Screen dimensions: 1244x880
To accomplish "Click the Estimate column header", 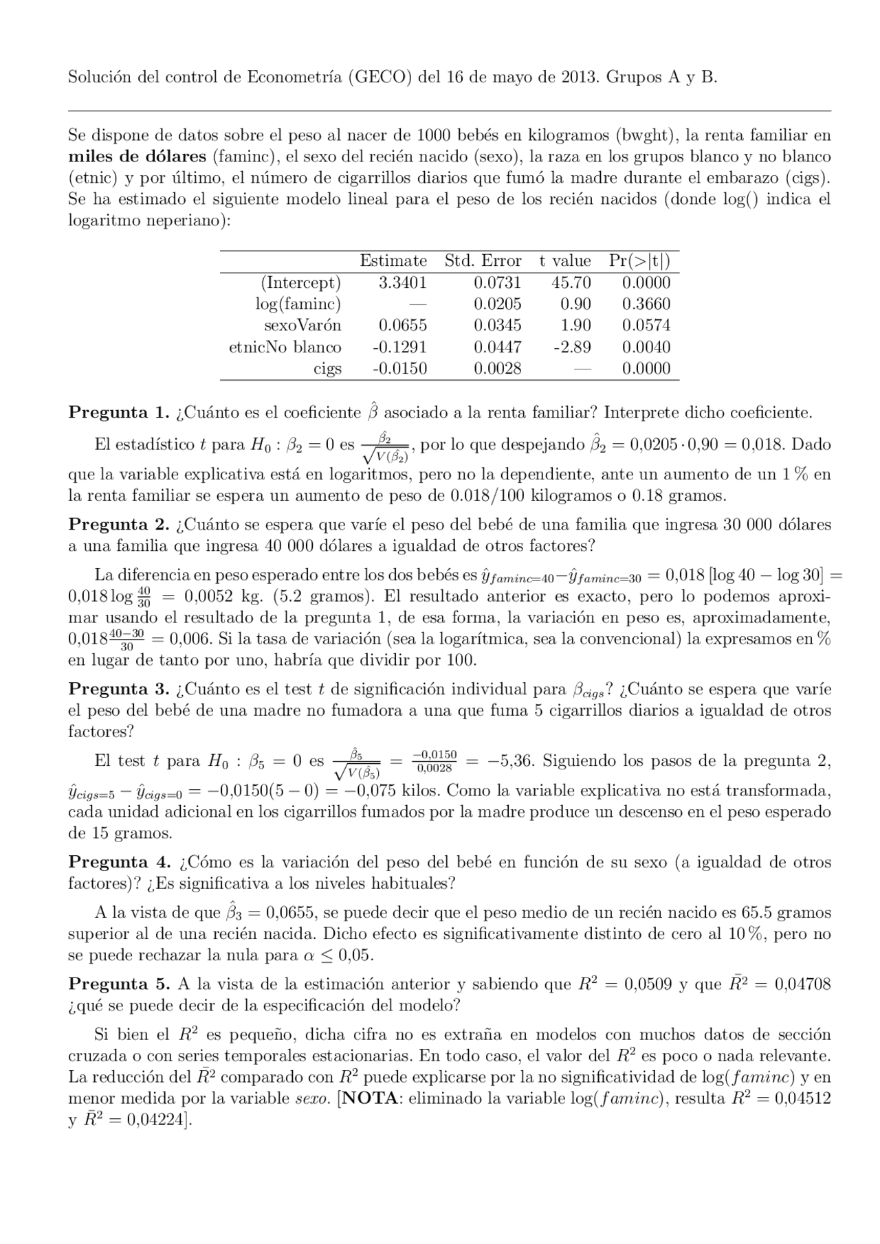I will (x=393, y=261).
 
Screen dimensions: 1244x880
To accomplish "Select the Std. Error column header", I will (x=483, y=261).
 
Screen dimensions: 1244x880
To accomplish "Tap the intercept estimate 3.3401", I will (x=402, y=282).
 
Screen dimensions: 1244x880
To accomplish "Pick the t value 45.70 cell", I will (x=571, y=282).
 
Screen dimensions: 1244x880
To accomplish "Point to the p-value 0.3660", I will (x=646, y=304).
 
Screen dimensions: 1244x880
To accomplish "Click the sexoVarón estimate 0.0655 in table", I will (x=402, y=325).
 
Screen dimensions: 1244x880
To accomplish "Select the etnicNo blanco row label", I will (x=285, y=347).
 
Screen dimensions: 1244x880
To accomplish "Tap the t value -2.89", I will (x=572, y=347).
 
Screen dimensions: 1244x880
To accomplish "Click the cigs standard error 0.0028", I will (x=497, y=368).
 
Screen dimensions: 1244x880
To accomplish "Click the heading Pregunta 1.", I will (x=118, y=413).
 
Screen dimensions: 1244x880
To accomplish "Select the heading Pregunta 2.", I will (x=118, y=525).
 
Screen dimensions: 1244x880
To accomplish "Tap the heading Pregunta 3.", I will (x=118, y=689).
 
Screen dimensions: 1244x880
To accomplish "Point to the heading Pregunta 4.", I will (x=118, y=862).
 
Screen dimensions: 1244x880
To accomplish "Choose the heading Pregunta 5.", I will (x=118, y=984).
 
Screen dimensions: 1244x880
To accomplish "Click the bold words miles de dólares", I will (x=137, y=156).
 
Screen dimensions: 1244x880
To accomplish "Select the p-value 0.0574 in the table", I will (x=646, y=325).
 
